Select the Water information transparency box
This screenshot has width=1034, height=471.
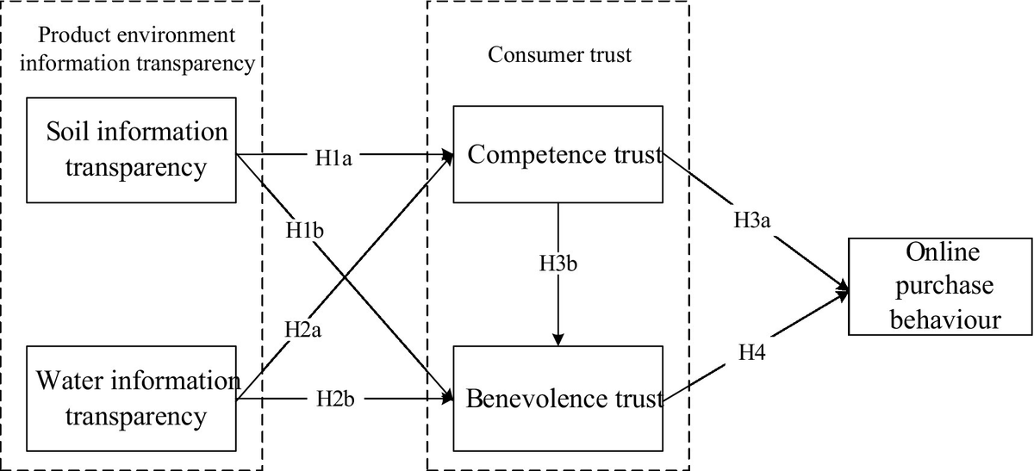point(131,398)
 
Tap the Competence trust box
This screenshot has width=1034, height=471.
point(557,155)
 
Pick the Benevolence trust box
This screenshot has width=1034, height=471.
point(557,398)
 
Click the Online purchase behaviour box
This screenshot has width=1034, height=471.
point(940,286)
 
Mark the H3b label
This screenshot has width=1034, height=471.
point(558,263)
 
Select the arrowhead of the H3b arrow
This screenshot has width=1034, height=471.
point(558,338)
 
